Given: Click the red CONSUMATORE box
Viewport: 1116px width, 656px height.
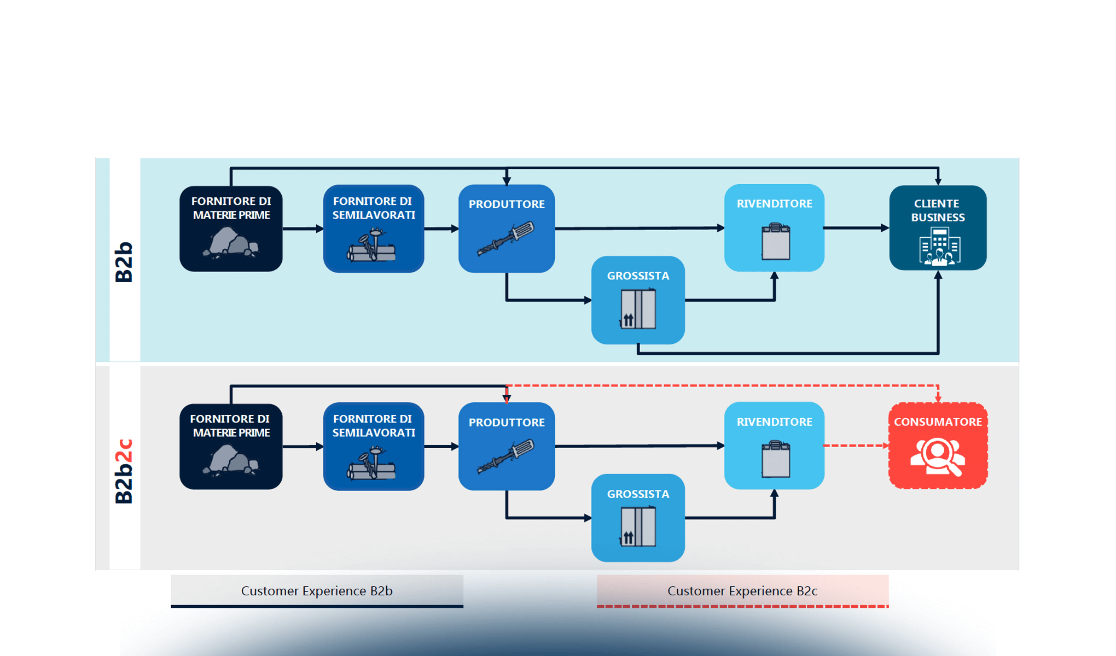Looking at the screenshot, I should (x=938, y=446).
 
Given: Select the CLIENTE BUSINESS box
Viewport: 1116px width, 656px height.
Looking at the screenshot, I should (x=938, y=228).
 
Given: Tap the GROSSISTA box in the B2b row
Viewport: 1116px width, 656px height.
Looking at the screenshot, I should (x=638, y=300).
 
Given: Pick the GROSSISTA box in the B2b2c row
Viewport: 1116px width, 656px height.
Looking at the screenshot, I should (x=638, y=518).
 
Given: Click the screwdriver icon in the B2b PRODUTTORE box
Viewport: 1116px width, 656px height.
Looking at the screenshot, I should (x=506, y=239).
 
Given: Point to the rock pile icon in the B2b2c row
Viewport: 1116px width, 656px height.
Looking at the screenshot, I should (x=230, y=459).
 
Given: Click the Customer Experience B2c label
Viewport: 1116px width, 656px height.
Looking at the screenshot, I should (x=742, y=591).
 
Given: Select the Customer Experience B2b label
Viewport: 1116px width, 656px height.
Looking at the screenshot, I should (x=317, y=591).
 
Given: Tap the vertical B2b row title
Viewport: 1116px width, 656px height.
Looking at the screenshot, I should (x=124, y=262).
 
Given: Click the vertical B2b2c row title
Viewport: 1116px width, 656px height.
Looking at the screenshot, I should (x=124, y=471).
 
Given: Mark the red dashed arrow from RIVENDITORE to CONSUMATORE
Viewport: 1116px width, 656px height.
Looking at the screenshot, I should (x=856, y=446).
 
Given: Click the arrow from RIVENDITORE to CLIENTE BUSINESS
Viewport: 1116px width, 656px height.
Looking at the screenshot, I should (x=856, y=228).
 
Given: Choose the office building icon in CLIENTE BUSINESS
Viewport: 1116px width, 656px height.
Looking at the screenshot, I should (x=939, y=247).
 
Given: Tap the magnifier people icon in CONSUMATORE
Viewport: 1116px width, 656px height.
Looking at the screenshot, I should (x=937, y=456).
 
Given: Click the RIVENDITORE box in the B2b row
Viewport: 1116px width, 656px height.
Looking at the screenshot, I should (x=774, y=228).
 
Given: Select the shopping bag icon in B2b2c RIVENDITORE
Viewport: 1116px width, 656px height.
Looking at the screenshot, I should (x=775, y=459).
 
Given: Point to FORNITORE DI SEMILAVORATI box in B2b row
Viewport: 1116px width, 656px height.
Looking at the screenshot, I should (x=374, y=229).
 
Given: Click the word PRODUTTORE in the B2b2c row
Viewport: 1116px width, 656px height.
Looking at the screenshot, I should (x=507, y=423).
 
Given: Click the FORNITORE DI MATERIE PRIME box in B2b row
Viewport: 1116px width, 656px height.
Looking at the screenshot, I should (x=231, y=229).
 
